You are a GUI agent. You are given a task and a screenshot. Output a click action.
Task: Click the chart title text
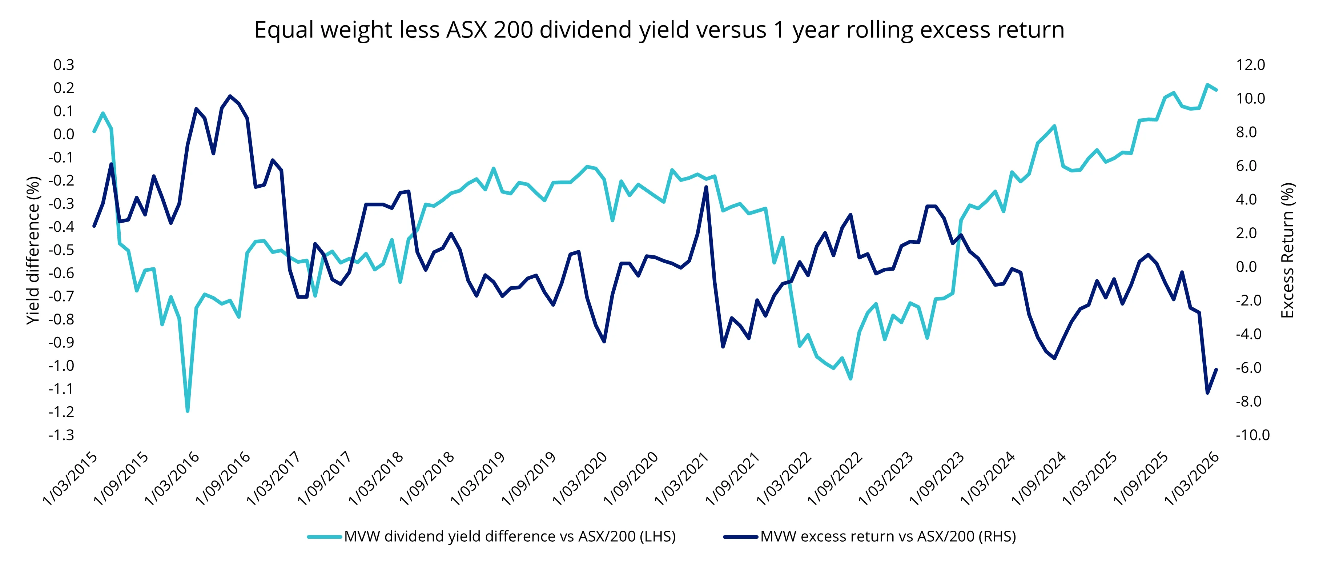point(659,30)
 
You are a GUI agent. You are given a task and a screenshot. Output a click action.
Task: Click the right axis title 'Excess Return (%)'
point(1287,250)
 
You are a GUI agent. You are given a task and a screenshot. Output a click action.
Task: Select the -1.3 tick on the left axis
point(61,435)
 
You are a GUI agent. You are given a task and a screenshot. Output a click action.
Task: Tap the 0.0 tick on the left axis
point(64,134)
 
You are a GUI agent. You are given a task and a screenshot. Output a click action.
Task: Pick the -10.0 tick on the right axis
point(1252,435)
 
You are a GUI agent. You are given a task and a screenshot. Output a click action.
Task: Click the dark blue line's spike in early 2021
point(706,187)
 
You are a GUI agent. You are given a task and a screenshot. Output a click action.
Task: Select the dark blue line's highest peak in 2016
point(230,96)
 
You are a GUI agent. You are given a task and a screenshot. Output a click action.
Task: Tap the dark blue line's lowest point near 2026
point(1207,393)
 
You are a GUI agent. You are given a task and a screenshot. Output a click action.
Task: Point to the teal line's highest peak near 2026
point(1207,85)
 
